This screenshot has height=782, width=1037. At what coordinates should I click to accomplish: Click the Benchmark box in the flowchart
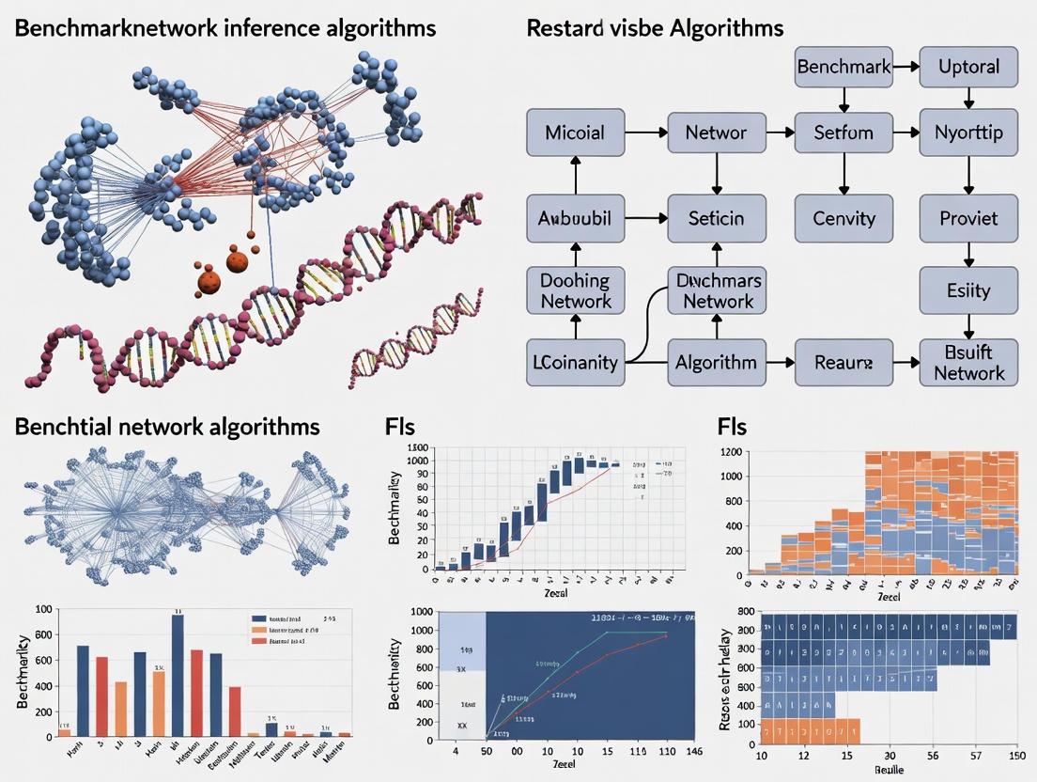843,67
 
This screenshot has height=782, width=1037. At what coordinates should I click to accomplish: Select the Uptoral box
968,67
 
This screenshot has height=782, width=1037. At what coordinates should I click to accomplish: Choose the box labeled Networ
716,133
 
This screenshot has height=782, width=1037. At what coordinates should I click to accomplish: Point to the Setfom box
843,133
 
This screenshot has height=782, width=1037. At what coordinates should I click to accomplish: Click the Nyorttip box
968,133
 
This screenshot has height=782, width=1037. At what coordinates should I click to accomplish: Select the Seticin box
716,218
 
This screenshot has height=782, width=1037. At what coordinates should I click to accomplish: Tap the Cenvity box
843,218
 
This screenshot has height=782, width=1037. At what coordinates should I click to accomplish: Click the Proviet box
968,218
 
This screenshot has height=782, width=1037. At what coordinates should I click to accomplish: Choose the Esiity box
968,289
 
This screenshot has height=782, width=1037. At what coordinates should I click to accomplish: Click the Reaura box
843,362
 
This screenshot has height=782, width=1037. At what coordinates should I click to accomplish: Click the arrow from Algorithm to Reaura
780,362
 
